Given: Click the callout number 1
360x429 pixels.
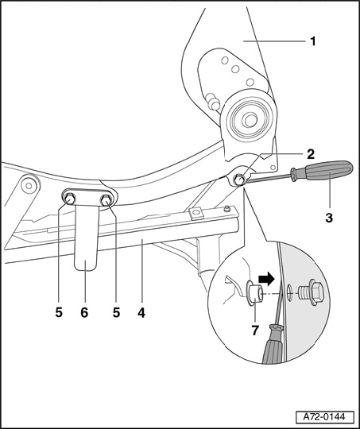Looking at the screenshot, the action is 313,41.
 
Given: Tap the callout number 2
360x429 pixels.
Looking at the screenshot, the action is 311,155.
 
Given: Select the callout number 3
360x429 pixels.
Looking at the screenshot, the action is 329,218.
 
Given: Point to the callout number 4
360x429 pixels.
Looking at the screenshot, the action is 141,312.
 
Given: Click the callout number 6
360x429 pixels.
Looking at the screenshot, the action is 84,312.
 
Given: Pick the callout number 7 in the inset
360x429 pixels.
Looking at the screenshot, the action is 255,330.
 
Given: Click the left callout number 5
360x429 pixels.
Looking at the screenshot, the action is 59,312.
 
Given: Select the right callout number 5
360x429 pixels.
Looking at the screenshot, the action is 116,312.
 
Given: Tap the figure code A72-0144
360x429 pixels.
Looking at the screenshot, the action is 324,417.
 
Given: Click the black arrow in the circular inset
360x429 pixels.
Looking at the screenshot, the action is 266,279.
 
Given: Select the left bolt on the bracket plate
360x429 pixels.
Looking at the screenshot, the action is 70,198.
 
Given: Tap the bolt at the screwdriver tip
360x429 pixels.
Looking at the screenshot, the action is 238,180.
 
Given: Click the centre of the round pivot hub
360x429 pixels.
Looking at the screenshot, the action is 249,120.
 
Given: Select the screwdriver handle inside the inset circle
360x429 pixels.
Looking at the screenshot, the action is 273,344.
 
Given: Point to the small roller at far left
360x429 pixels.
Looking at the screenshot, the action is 29,185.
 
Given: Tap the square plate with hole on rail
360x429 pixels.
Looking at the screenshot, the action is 196,213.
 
